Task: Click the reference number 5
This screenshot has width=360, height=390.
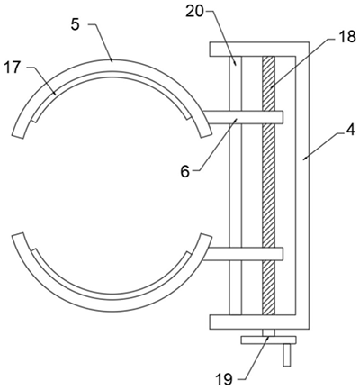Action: (x=76, y=24)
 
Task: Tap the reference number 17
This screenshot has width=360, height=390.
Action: (x=13, y=68)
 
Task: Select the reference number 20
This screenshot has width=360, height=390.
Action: (x=195, y=12)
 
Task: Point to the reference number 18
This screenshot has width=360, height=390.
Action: (x=346, y=38)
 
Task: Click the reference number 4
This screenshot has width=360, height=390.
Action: (x=350, y=131)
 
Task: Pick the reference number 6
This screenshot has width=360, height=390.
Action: (x=185, y=172)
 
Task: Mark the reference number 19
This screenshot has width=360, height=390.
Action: (x=224, y=380)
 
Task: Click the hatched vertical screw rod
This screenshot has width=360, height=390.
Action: (x=268, y=186)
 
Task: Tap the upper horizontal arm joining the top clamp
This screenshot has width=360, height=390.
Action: (x=243, y=117)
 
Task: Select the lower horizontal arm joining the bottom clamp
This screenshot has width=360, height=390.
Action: (x=243, y=254)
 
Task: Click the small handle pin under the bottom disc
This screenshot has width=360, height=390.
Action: (x=287, y=355)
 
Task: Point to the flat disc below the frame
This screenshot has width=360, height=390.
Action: (x=268, y=340)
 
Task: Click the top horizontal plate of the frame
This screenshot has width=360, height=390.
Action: (x=259, y=49)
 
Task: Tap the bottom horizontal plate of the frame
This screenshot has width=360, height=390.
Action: (x=259, y=322)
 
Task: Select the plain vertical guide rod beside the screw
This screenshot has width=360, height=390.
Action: (x=236, y=186)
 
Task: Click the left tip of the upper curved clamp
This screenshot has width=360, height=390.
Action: (x=17, y=136)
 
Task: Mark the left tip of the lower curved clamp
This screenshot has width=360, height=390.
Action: (x=17, y=236)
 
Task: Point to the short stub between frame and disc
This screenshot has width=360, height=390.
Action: (x=268, y=332)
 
